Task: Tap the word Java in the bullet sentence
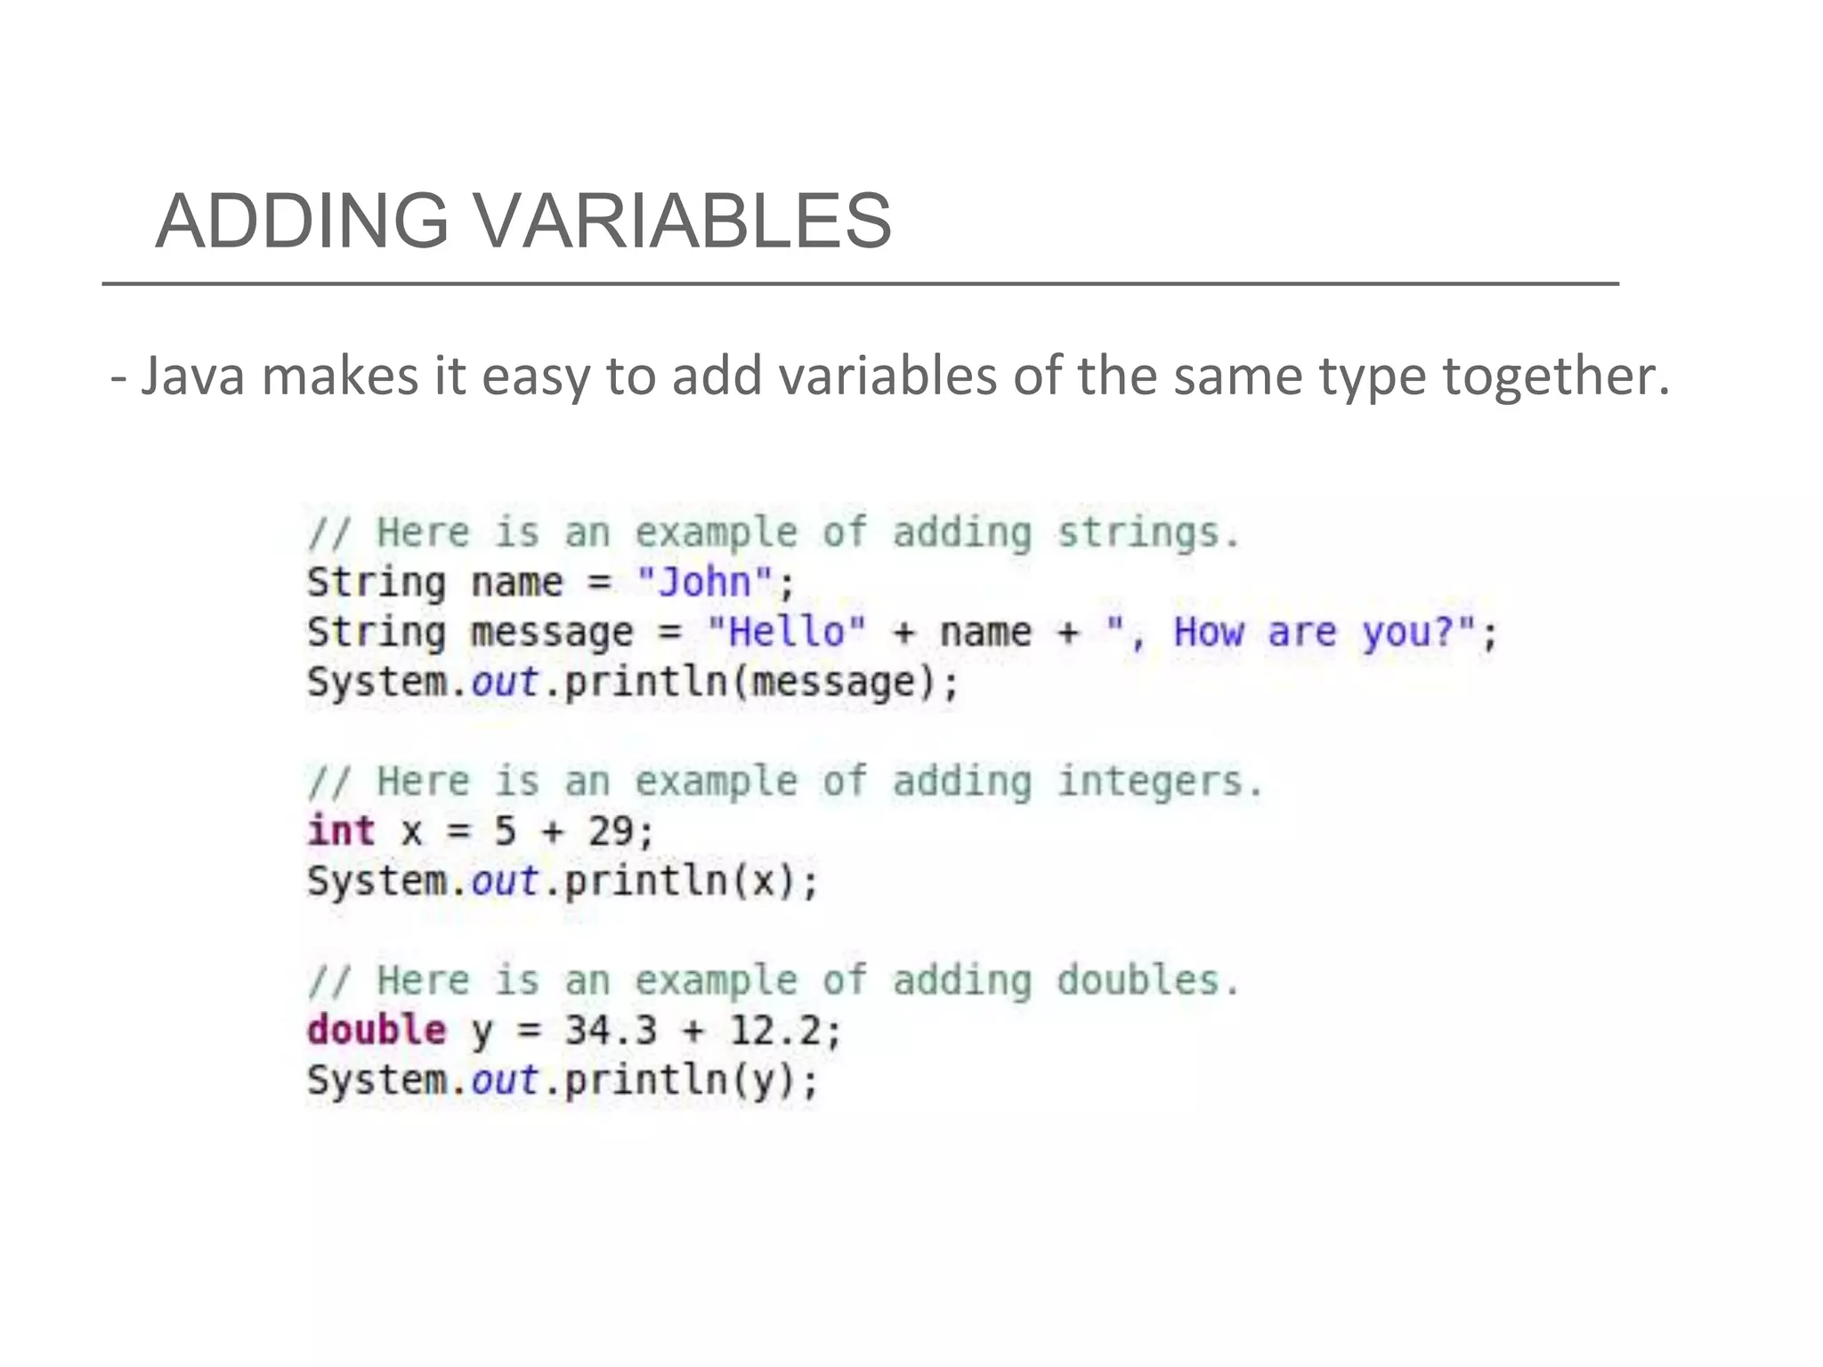(x=192, y=376)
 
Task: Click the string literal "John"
(x=705, y=583)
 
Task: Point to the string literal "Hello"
(x=786, y=633)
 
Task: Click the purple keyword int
(x=341, y=831)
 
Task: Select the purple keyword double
(x=377, y=1031)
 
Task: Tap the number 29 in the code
(x=611, y=831)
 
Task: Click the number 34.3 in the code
(x=611, y=1031)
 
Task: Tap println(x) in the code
(x=680, y=882)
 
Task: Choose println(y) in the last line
(x=680, y=1081)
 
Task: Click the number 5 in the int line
(x=505, y=831)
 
